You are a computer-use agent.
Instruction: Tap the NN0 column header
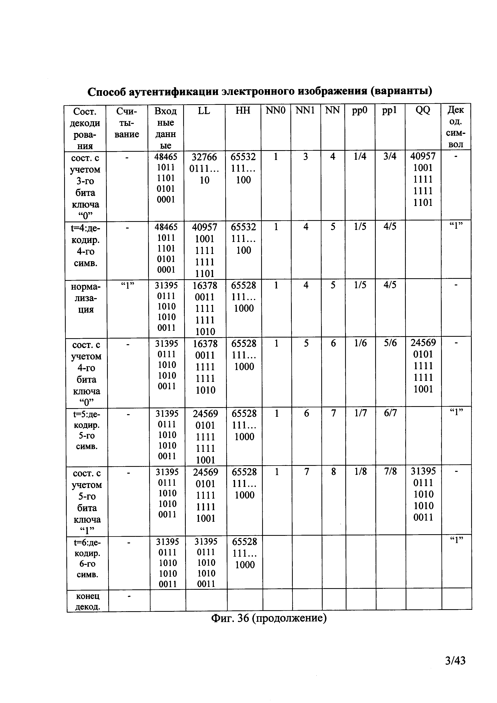pos(275,110)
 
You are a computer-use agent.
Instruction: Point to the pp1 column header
pos(390,110)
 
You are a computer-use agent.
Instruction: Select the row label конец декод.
pos(88,601)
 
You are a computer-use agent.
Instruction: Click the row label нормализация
pos(86,298)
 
